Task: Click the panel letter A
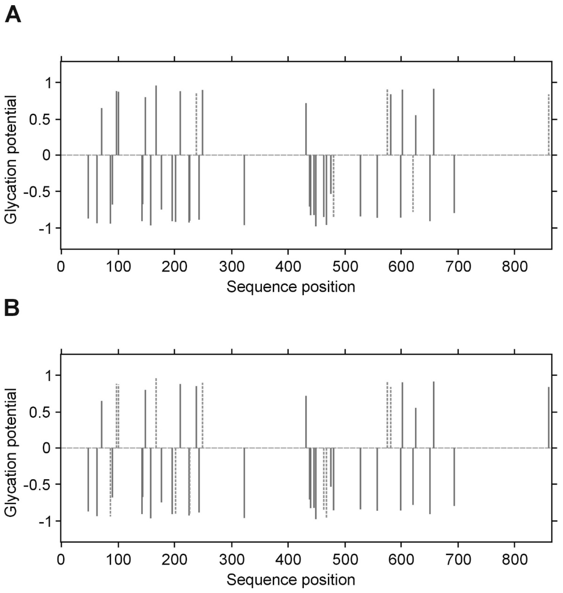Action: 13,15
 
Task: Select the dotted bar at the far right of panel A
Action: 549,125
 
